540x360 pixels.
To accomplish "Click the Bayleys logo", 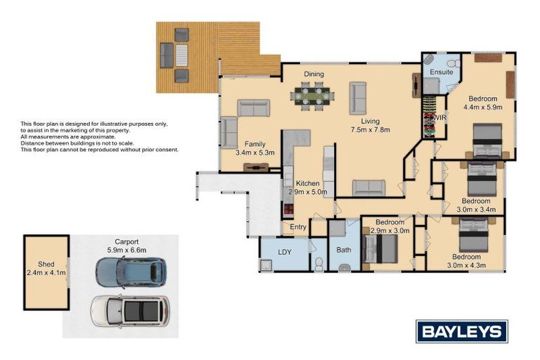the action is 462,331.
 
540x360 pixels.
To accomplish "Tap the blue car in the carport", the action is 131,273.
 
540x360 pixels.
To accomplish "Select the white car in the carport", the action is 130,311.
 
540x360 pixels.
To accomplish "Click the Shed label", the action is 46,264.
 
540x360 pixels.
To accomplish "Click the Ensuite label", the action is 442,72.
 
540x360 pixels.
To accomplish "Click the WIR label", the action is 439,118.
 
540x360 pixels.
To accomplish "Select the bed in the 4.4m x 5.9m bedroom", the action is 487,141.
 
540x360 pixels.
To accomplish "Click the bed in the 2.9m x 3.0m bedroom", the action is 380,248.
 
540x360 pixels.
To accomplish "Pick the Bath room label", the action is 344,250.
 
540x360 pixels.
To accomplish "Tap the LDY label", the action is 285,252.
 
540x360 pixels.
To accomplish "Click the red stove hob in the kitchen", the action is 288,208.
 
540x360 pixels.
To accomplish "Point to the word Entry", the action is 298,226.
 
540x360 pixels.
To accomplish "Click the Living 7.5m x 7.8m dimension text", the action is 371,129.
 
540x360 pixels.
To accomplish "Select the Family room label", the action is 255,144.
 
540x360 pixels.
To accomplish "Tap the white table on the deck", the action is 181,56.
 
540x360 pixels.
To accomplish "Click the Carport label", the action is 127,242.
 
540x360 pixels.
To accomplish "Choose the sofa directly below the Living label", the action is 369,188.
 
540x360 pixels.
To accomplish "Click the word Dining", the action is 314,74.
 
